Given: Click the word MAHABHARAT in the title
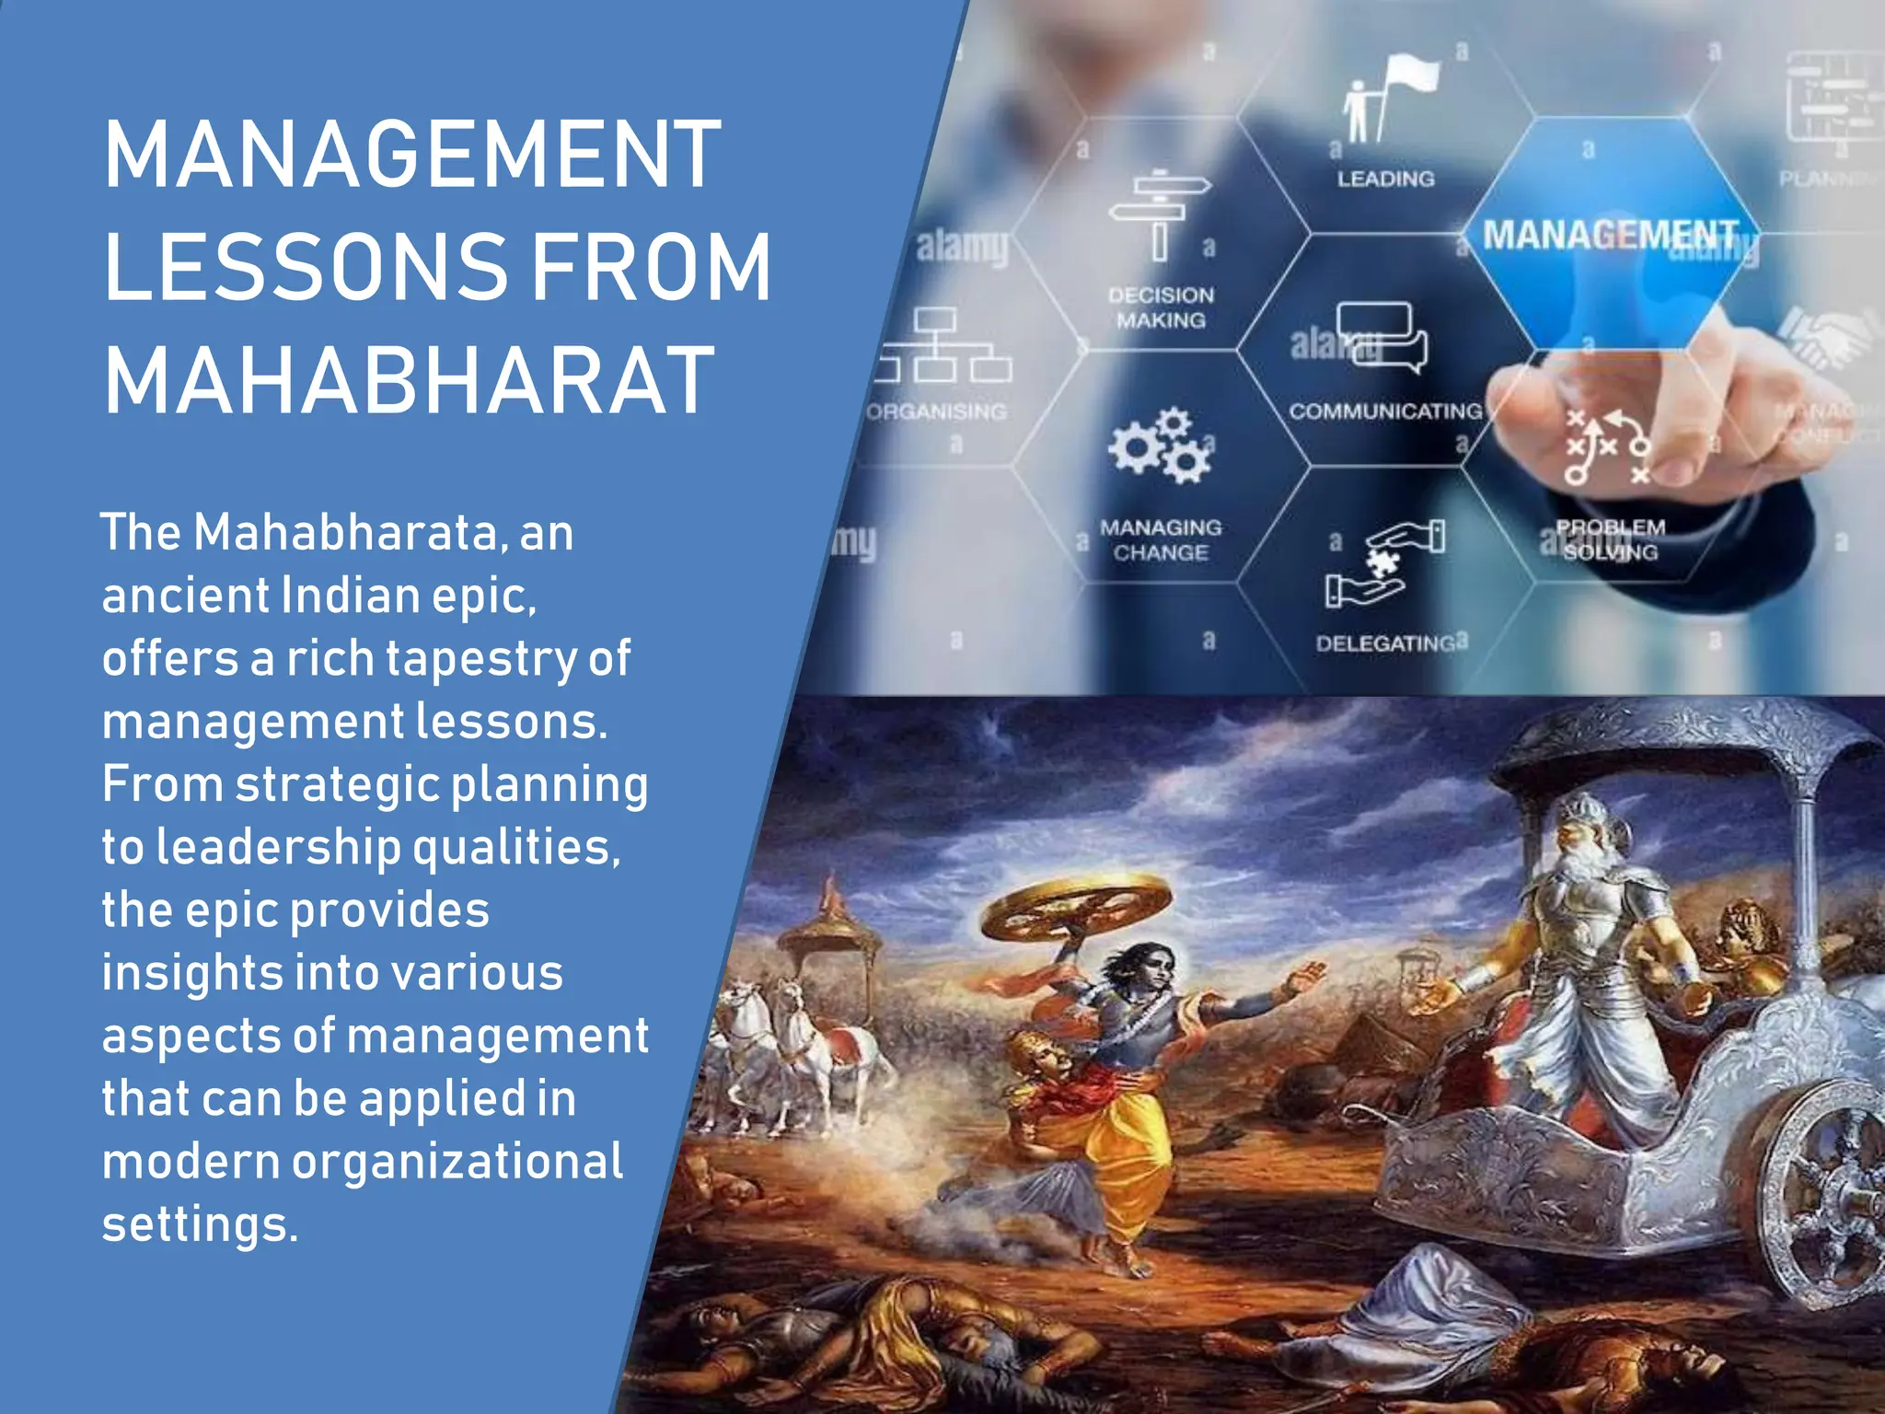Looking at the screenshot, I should click(x=410, y=381).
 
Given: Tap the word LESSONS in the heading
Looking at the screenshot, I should click(x=306, y=267).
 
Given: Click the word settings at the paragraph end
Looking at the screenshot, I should click(x=200, y=1224).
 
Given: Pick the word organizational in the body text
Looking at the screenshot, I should click(x=457, y=1162).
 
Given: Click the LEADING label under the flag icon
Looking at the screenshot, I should click(x=1385, y=179).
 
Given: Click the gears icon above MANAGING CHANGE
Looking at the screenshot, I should click(x=1160, y=447).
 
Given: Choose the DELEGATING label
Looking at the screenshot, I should click(x=1385, y=643).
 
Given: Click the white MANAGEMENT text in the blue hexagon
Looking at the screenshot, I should click(x=1610, y=236).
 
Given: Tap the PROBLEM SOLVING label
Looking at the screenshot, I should click(x=1611, y=539).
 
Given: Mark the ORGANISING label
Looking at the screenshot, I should click(x=937, y=411).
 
